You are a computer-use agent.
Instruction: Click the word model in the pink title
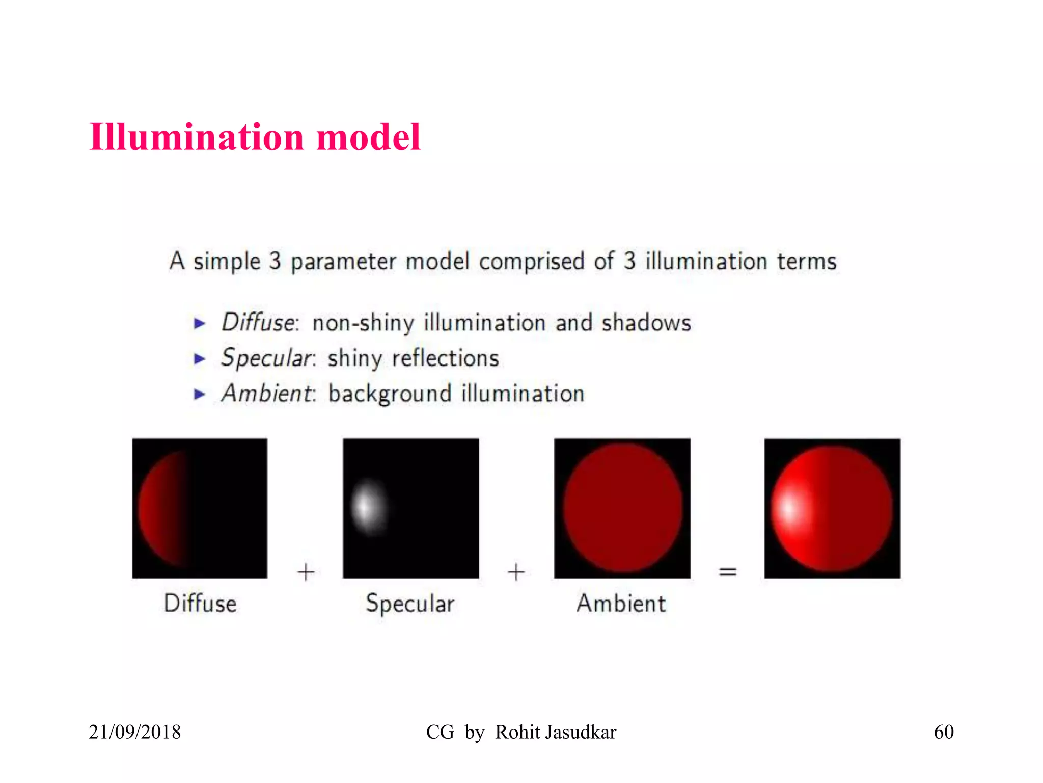tap(368, 138)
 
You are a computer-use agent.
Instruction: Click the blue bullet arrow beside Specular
tap(200, 359)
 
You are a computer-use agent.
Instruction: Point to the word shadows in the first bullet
tap(646, 323)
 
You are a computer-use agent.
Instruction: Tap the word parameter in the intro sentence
tap(343, 262)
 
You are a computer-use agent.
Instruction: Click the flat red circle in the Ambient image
tap(622, 508)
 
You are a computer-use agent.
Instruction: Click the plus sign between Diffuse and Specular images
tap(306, 572)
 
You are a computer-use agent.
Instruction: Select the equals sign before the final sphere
tap(727, 572)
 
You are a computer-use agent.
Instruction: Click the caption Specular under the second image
tap(410, 604)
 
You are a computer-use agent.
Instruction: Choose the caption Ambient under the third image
tap(621, 604)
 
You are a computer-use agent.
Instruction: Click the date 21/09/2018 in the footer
tap(135, 732)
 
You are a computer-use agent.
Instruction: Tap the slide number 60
tap(943, 732)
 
